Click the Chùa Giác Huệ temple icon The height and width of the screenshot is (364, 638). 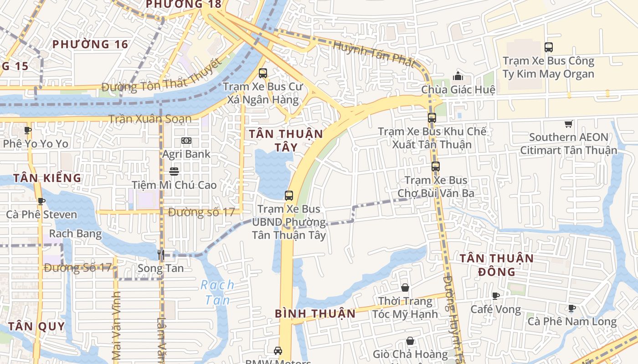pyautogui.click(x=458, y=76)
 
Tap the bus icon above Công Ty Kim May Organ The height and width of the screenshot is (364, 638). pyautogui.click(x=549, y=47)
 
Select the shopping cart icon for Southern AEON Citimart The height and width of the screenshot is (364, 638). pyautogui.click(x=568, y=124)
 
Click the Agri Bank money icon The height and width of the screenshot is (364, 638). pyautogui.click(x=186, y=141)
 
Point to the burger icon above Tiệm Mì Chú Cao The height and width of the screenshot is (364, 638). pyautogui.click(x=174, y=172)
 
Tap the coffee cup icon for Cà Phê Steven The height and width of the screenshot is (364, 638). pyautogui.click(x=41, y=201)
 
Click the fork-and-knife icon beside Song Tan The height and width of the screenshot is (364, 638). pyautogui.click(x=160, y=255)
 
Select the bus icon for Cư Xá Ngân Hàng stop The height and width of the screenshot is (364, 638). pyautogui.click(x=262, y=73)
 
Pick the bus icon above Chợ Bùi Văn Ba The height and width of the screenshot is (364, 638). pyautogui.click(x=436, y=167)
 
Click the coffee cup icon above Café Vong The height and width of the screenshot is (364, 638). pyautogui.click(x=496, y=296)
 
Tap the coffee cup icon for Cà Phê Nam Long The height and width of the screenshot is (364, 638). pyautogui.click(x=572, y=308)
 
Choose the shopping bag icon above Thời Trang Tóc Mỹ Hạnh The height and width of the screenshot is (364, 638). pyautogui.click(x=405, y=288)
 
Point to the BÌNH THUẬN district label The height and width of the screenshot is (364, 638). pyautogui.click(x=315, y=313)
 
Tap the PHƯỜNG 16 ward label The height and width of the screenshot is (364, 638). pyautogui.click(x=90, y=44)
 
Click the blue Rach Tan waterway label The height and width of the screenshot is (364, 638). pyautogui.click(x=218, y=292)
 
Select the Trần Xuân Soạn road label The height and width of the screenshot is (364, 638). pyautogui.click(x=150, y=119)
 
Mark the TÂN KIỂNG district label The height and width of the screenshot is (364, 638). pyautogui.click(x=47, y=178)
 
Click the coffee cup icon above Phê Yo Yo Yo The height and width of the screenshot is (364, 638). pyautogui.click(x=28, y=131)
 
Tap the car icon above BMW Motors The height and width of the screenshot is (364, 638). pyautogui.click(x=278, y=351)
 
